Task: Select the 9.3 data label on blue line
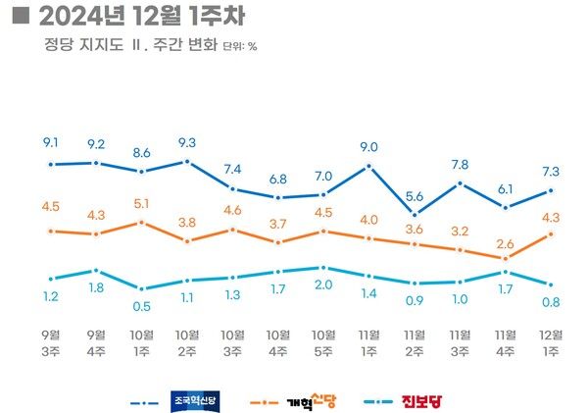click(x=187, y=141)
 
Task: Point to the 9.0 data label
click(x=368, y=147)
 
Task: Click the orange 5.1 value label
click(x=142, y=204)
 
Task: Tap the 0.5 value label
click(x=142, y=305)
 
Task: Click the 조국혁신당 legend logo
click(x=199, y=400)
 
